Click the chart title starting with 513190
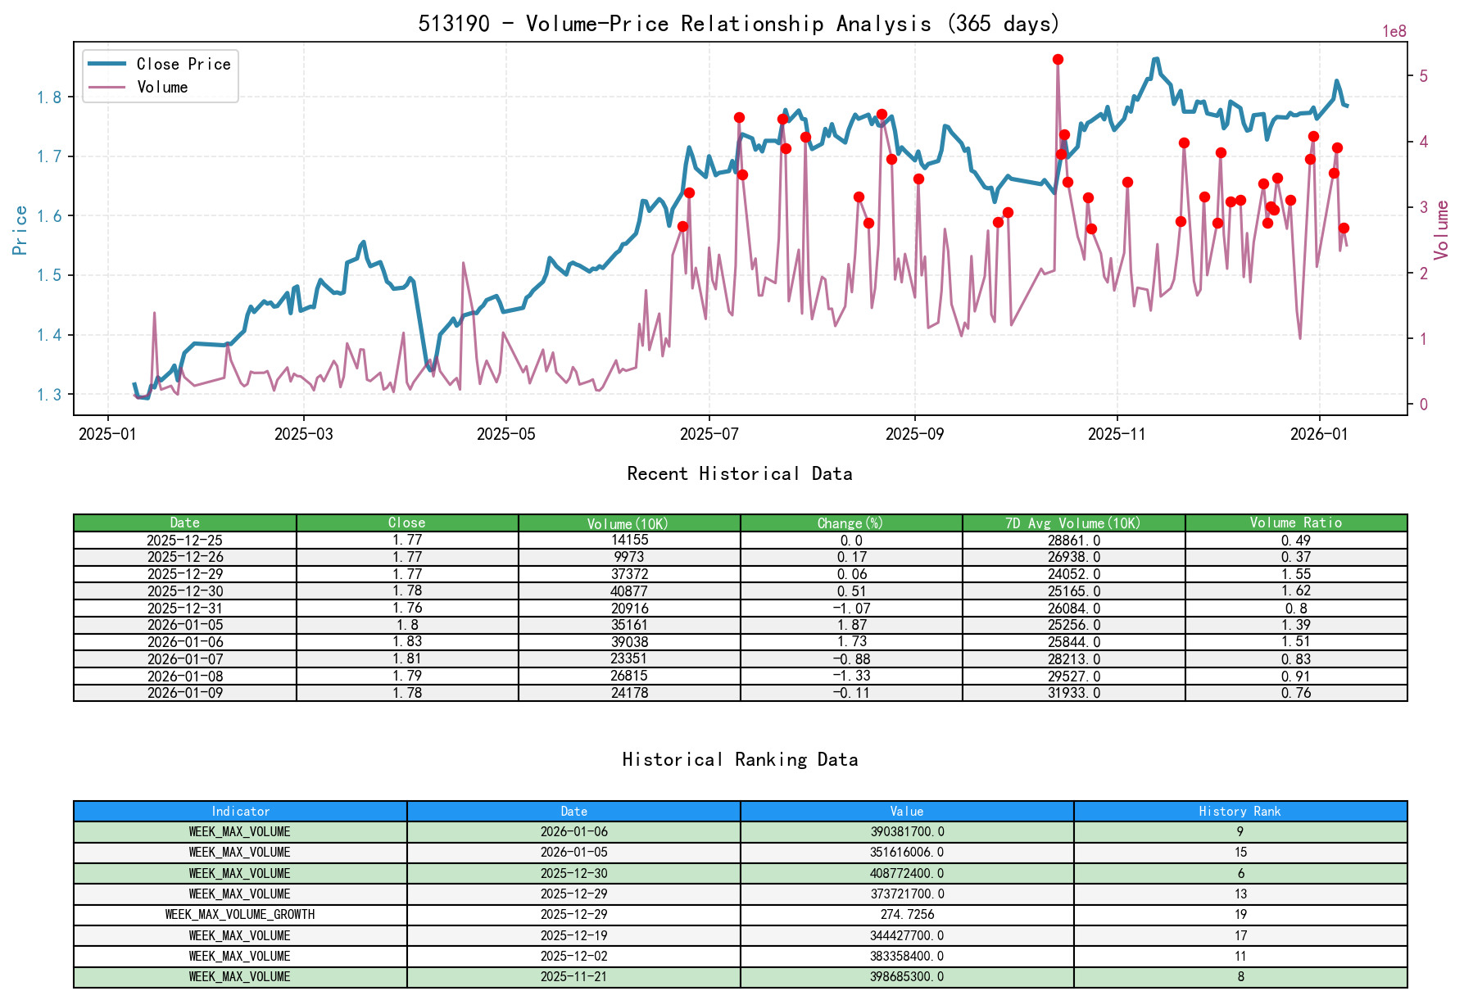point(739,23)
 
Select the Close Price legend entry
point(183,64)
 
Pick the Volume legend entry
point(162,87)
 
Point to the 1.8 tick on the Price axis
point(48,97)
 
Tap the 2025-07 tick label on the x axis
point(709,434)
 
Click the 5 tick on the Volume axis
point(1423,76)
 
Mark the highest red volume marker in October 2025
point(1058,60)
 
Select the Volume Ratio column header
point(1295,523)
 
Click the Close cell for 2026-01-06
point(407,642)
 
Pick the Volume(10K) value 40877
point(629,591)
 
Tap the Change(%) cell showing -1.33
point(851,676)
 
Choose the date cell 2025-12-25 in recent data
point(184,541)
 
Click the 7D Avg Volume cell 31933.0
point(1073,693)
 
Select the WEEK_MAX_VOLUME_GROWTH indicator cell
point(240,915)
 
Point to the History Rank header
point(1240,812)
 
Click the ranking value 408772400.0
point(907,874)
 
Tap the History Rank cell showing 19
point(1240,915)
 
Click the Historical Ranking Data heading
point(740,760)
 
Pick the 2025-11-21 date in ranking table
point(573,977)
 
